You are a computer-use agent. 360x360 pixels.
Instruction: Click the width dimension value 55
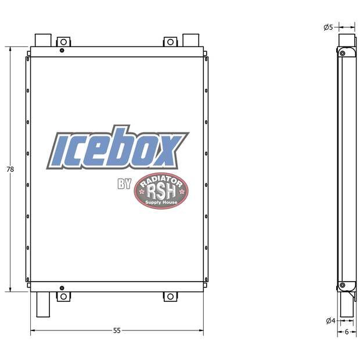(117, 330)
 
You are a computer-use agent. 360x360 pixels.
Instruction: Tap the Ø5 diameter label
(328, 27)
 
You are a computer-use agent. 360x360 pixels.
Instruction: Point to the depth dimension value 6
(347, 332)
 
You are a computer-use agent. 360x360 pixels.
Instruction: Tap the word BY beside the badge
(124, 184)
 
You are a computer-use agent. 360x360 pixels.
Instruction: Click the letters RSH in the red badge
(160, 192)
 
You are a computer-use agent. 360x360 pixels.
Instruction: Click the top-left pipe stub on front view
(44, 40)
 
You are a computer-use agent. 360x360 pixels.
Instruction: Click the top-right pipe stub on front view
(190, 40)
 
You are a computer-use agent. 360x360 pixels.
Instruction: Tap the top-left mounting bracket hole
(63, 42)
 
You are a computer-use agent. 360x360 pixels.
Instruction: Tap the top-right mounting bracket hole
(170, 42)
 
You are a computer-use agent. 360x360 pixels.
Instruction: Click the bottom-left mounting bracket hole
(63, 296)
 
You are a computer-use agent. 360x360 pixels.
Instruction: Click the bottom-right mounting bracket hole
(170, 296)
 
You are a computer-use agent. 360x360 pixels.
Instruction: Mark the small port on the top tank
(62, 51)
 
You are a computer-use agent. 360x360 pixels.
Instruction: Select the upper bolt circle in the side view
(343, 54)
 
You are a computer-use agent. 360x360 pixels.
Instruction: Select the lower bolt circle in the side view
(343, 285)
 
